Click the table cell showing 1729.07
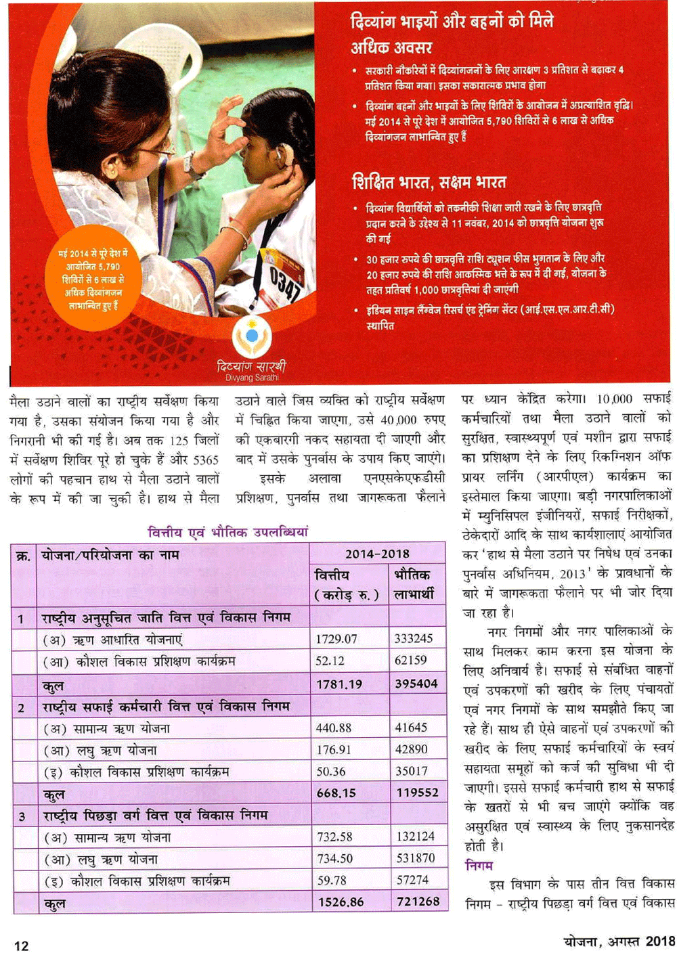click(x=336, y=639)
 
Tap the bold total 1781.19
click(x=338, y=684)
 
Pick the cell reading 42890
click(x=412, y=749)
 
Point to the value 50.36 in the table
click(x=331, y=771)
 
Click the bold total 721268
click(x=418, y=902)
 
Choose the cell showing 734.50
click(x=335, y=858)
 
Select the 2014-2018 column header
click(x=377, y=554)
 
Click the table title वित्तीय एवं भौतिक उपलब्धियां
click(x=227, y=532)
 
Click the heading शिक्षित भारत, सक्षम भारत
click(x=429, y=183)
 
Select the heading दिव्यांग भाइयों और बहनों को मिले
click(x=452, y=22)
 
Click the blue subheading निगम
click(x=479, y=865)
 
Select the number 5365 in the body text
click(x=206, y=460)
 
